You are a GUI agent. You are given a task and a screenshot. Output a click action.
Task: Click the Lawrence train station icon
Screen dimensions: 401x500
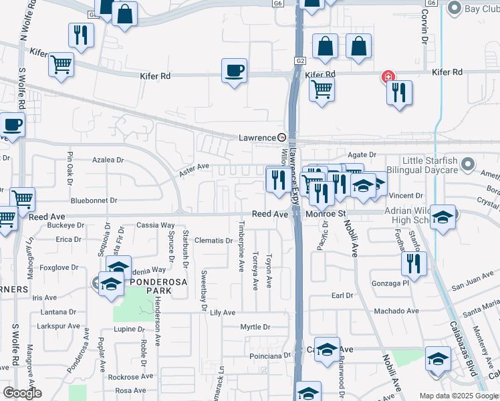(x=282, y=138)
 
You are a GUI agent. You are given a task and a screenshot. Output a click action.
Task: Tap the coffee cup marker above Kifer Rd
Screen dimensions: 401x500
(x=234, y=71)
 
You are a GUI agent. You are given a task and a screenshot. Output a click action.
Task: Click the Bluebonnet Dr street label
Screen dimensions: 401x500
(x=94, y=200)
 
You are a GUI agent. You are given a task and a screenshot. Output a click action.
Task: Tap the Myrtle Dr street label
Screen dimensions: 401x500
(x=255, y=327)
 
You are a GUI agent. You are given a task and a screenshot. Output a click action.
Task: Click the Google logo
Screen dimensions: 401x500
(x=21, y=393)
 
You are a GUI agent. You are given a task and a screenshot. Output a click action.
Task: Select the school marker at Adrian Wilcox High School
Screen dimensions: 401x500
(x=442, y=217)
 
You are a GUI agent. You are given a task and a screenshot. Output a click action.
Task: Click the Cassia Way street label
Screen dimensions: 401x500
(x=155, y=226)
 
